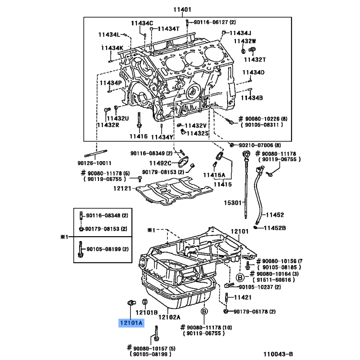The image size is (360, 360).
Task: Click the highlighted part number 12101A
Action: pyautogui.click(x=131, y=323)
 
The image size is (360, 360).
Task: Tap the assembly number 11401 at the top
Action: pyautogui.click(x=182, y=9)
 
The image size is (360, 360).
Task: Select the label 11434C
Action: pyautogui.click(x=142, y=23)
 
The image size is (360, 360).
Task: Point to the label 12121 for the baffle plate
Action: pyautogui.click(x=122, y=189)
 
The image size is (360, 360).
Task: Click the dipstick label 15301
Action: pyautogui.click(x=233, y=203)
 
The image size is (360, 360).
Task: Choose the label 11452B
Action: pyautogui.click(x=275, y=228)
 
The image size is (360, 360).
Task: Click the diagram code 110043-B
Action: pyautogui.click(x=278, y=354)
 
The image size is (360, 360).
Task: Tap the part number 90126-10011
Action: pyautogui.click(x=94, y=163)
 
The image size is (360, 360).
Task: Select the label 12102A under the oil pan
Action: pyautogui.click(x=169, y=317)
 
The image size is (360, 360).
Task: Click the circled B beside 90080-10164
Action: pyautogui.click(x=240, y=278)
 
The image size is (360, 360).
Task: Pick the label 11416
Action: pyautogui.click(x=139, y=136)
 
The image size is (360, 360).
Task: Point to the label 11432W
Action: pyautogui.click(x=245, y=41)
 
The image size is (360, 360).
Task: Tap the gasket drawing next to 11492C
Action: pyautogui.click(x=184, y=162)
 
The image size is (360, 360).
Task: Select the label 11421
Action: pyautogui.click(x=243, y=297)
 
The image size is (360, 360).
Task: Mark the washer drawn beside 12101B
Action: pyautogui.click(x=145, y=301)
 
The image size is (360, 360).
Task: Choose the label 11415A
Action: pyautogui.click(x=214, y=175)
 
